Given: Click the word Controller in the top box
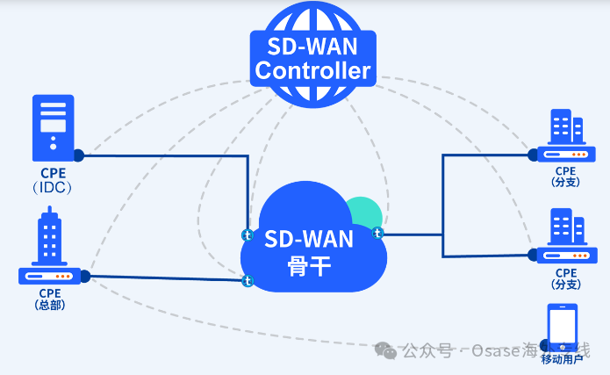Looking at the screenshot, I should [312, 70].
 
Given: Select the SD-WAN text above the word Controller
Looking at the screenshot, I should [312, 44].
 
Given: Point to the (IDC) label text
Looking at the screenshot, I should [50, 187].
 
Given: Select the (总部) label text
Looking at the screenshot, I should [50, 305].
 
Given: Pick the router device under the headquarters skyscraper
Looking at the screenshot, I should [50, 276].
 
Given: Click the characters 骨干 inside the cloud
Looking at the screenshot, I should [309, 266].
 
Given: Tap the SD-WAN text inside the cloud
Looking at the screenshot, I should [309, 239].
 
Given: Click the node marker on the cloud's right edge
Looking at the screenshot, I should [378, 233].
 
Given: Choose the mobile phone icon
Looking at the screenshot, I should [563, 325].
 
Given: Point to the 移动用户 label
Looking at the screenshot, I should [563, 359].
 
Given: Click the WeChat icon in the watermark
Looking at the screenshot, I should [385, 350].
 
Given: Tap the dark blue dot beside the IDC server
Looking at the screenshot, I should [78, 155].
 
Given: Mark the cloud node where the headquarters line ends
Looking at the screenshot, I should [248, 281].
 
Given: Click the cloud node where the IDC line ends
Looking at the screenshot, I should [248, 235].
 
